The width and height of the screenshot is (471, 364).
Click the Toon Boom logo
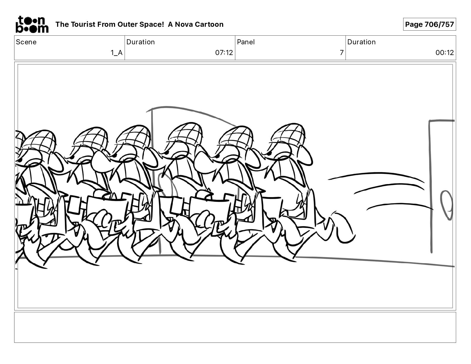[x=32, y=24]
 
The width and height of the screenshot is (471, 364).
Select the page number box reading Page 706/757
[x=429, y=24]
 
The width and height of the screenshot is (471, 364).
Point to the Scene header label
[x=26, y=42]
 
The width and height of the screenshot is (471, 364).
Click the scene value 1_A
[x=117, y=53]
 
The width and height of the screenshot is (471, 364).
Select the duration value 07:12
[x=224, y=53]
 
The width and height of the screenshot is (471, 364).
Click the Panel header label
[x=246, y=42]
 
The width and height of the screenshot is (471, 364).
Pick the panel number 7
[x=342, y=53]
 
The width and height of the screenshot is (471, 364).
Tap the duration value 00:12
[x=445, y=53]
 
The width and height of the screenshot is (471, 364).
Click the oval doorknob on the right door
[x=447, y=205]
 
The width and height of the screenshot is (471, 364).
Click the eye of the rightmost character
[x=269, y=153]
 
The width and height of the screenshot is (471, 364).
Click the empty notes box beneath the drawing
[x=235, y=327]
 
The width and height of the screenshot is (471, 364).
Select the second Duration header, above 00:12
[x=361, y=42]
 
